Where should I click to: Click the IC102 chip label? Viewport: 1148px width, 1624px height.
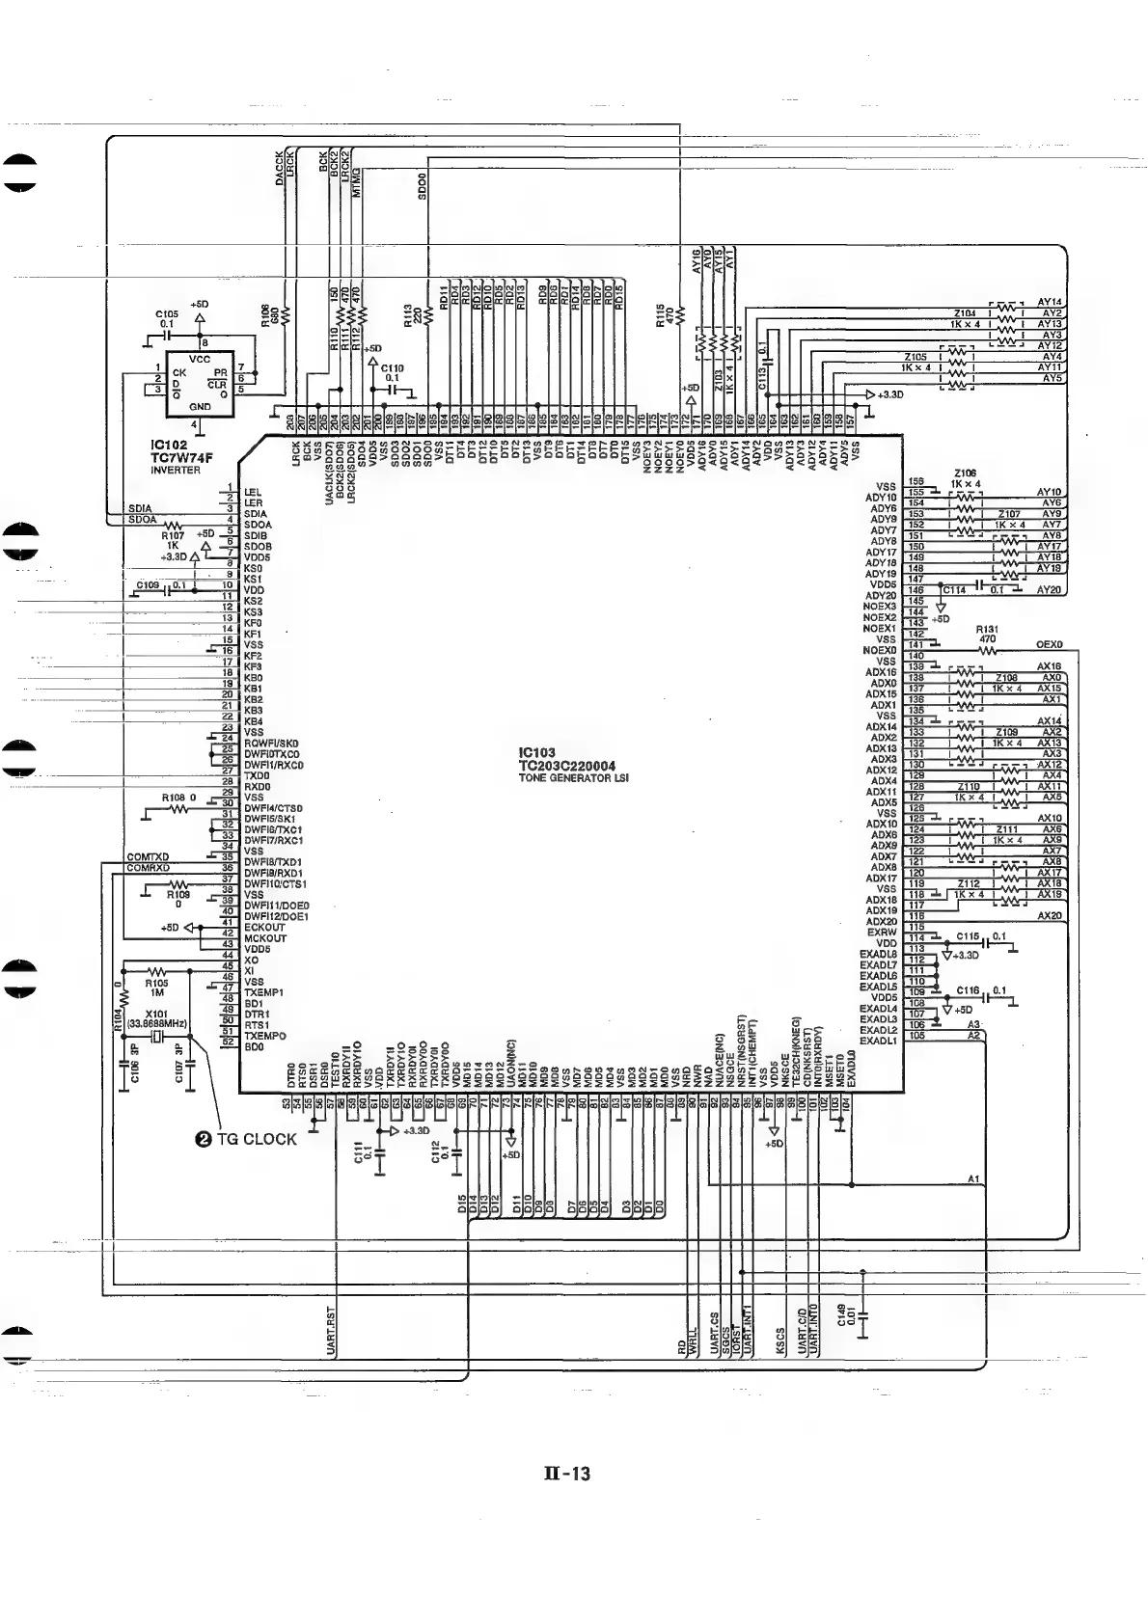[168, 447]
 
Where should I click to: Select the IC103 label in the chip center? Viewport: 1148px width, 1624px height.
[535, 753]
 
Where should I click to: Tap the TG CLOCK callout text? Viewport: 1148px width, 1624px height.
[257, 1139]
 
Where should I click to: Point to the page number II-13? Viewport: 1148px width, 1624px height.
[568, 1474]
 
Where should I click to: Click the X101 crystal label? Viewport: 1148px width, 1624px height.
[156, 1014]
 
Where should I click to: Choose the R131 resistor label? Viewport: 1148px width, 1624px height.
[987, 629]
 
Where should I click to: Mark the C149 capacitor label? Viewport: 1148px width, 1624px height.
[841, 1314]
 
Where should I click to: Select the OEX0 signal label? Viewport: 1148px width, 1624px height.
[1048, 644]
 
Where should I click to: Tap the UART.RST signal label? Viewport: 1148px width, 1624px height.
[331, 1331]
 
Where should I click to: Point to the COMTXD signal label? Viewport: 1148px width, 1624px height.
[148, 857]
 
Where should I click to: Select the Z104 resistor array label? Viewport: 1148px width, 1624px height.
[965, 313]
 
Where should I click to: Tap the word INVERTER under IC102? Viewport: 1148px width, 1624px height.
[175, 471]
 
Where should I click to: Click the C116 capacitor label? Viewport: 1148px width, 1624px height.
[968, 990]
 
